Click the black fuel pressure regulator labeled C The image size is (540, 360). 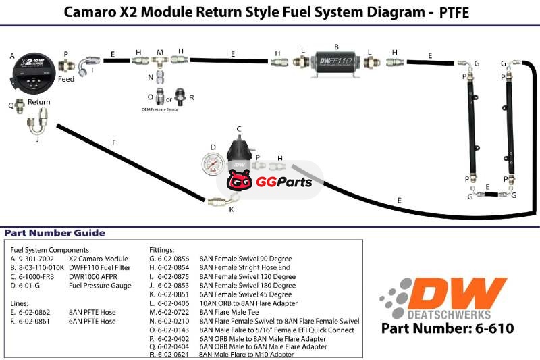[239, 154]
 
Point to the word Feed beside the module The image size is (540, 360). [66, 79]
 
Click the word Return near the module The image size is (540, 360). [38, 102]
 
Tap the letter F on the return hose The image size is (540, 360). [114, 143]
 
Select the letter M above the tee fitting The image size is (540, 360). [160, 51]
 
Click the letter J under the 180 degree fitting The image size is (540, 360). [37, 140]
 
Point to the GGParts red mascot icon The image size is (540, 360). [239, 182]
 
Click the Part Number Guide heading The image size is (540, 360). [55, 233]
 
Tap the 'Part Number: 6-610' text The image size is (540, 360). [448, 329]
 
